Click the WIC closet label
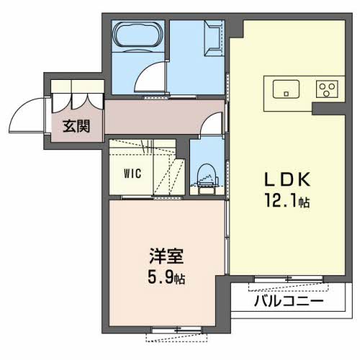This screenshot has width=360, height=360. pyautogui.click(x=132, y=173)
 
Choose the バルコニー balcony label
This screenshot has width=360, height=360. pyautogui.click(x=289, y=301)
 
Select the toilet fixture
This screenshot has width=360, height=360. pyautogui.click(x=207, y=176)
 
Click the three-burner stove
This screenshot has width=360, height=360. pyautogui.click(x=328, y=89)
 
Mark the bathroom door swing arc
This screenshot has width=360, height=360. pyautogui.click(x=153, y=78)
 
